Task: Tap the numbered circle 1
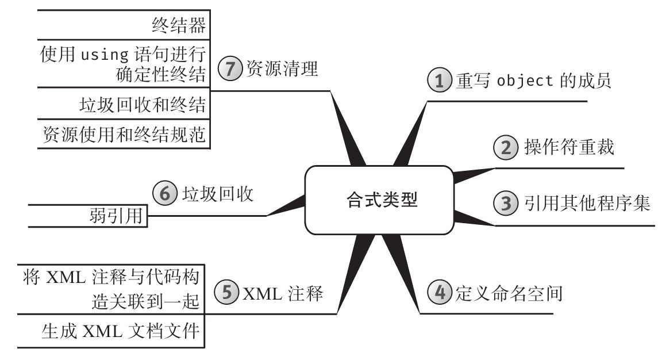(440, 81)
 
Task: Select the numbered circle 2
(506, 148)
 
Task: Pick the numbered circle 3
(506, 203)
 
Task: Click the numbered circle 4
(440, 293)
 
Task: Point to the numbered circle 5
(226, 293)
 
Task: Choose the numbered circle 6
(164, 193)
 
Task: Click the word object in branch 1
(525, 81)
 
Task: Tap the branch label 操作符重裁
(569, 148)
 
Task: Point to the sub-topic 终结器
(179, 25)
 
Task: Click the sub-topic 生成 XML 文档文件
(120, 332)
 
